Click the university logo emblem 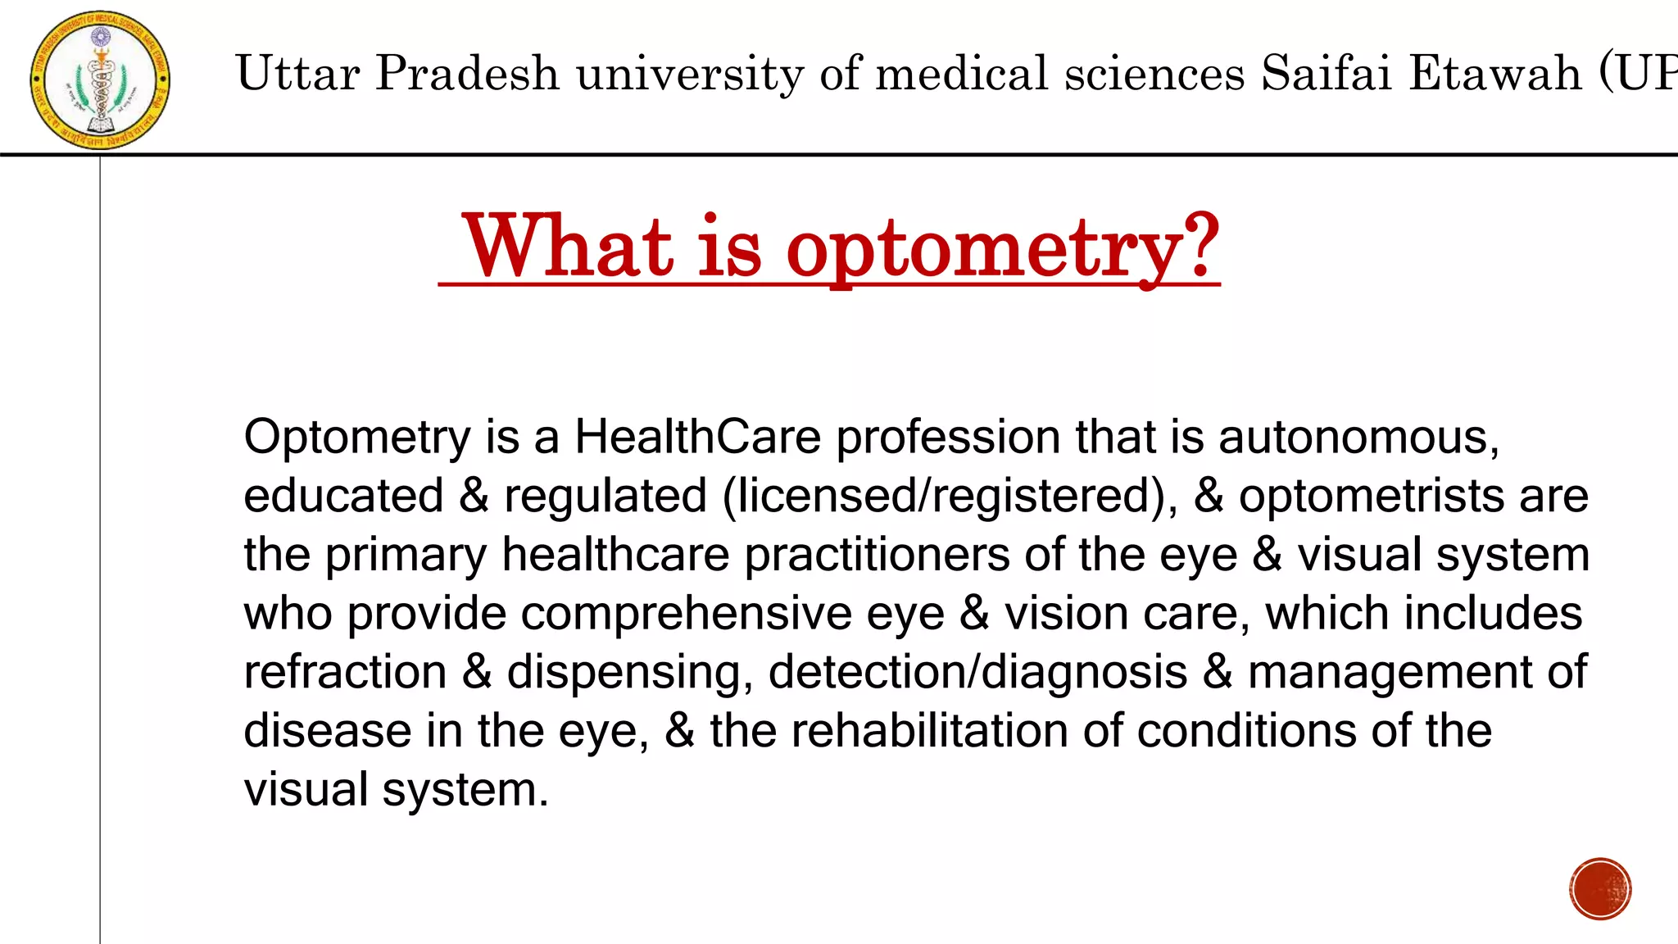[x=100, y=80]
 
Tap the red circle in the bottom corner [x=1600, y=889]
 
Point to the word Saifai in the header [x=1327, y=73]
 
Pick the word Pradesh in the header [x=467, y=73]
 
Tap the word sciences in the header [x=1154, y=73]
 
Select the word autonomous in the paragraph [x=1358, y=437]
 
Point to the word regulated [x=605, y=496]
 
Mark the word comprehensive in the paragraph [x=686, y=614]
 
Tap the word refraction [x=345, y=672]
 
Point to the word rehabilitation [x=929, y=731]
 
